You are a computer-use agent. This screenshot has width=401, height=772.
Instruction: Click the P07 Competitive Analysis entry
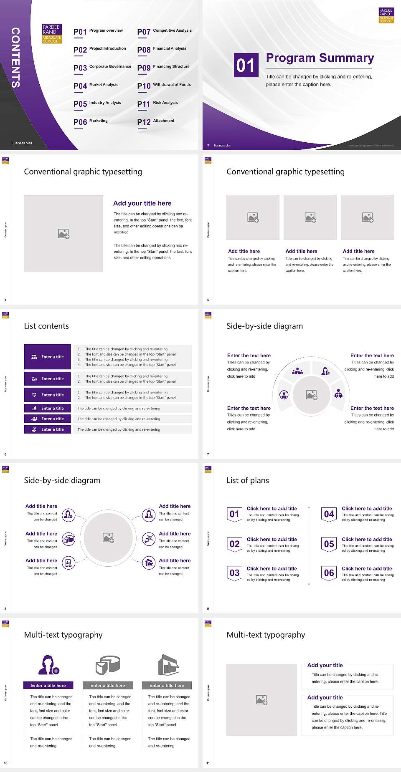point(164,31)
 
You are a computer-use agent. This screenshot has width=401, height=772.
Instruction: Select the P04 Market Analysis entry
point(96,86)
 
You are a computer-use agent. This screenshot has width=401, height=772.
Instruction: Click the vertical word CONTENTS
point(15,58)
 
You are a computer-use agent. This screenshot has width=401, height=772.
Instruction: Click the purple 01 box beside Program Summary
point(246,65)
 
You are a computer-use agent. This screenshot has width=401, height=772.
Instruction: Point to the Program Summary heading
point(320,58)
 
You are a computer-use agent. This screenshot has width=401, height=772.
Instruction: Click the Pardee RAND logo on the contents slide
point(52,33)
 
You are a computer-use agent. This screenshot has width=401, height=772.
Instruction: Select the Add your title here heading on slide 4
point(142,203)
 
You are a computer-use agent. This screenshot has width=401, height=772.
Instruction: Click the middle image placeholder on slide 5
point(310,217)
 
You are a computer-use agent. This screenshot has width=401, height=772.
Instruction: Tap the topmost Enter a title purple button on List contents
point(48,357)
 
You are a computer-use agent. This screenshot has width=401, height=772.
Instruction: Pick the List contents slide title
point(46,326)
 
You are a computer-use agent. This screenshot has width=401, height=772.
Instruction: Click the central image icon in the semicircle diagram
point(312,394)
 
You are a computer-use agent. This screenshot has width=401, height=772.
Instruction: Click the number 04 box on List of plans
point(329,514)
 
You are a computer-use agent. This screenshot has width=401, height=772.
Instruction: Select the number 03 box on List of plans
point(234,573)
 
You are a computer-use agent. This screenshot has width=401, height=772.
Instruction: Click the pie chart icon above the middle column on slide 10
point(108,665)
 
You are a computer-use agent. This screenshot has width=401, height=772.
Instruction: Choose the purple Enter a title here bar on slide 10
point(48,685)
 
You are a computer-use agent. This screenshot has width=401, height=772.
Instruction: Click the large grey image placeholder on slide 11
point(261,700)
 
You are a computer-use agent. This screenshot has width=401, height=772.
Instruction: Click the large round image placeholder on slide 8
point(108,537)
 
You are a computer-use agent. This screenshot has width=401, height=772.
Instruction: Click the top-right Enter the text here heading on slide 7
point(372,356)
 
